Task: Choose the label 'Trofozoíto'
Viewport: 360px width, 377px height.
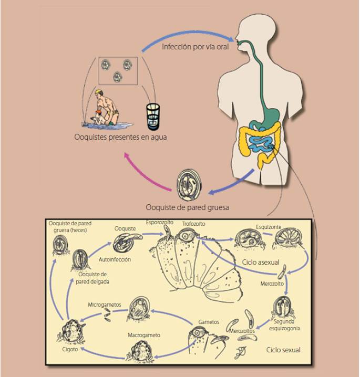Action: coord(193,224)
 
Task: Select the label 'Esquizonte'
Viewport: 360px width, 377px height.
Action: coord(269,227)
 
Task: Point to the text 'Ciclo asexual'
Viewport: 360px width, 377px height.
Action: coord(261,261)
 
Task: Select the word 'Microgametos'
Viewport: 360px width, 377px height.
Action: coord(105,305)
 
